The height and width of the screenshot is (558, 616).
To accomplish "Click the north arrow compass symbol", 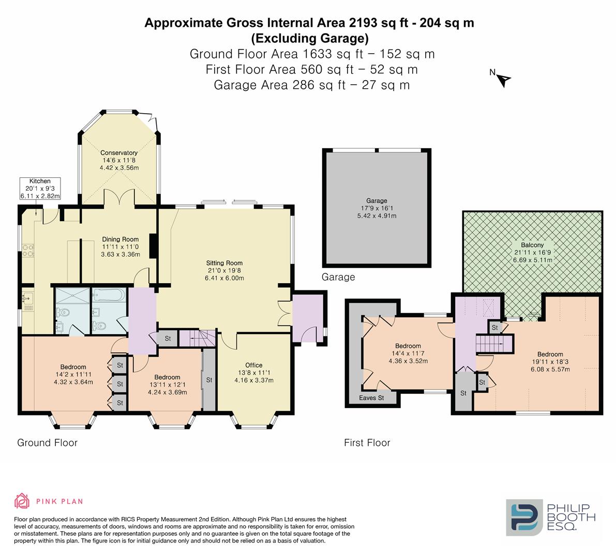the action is point(503,80).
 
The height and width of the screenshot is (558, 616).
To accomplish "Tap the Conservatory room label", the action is point(119,152).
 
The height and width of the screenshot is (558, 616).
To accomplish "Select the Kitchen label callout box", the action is point(40,189).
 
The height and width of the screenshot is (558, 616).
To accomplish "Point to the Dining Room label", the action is point(120,239).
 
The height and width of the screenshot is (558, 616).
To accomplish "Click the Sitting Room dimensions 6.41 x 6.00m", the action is point(224,278).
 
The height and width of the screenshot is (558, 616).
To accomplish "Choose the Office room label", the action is point(254,365).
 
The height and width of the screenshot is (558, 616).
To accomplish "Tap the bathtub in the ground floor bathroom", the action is point(109,295).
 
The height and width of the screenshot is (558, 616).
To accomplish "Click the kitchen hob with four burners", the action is point(28,251).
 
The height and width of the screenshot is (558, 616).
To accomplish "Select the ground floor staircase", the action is point(197,338).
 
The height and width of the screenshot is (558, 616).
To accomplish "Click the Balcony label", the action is point(532,245).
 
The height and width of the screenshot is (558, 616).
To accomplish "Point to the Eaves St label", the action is point(371,398).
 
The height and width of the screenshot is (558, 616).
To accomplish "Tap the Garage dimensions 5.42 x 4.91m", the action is point(377,215).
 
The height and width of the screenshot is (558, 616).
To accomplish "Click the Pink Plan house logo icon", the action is point(22,501).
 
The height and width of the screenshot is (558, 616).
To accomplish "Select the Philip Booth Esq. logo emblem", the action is point(524,517).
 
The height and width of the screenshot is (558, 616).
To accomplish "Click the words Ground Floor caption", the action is point(47,443).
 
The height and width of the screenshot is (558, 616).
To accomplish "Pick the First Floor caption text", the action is point(367,443).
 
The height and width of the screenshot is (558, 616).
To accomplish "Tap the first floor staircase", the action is point(494,344).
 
